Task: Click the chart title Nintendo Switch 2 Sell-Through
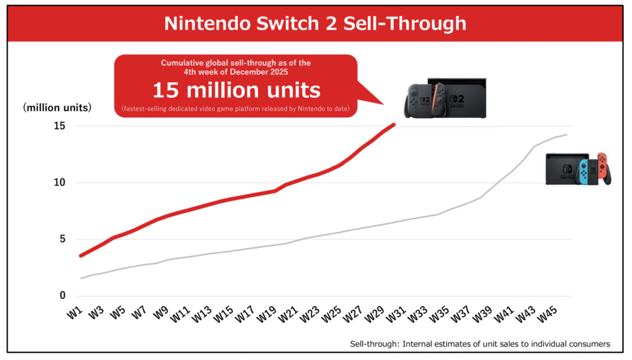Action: [x=315, y=23]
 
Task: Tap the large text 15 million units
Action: [x=236, y=90]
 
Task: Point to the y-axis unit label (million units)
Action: [x=57, y=108]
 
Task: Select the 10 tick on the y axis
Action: [x=58, y=182]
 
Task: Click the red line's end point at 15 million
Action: [x=394, y=124]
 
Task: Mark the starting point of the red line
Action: [x=81, y=255]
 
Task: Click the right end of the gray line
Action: [x=567, y=135]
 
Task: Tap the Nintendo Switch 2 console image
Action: [x=446, y=97]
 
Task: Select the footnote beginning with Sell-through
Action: [x=479, y=344]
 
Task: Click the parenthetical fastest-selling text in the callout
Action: [x=236, y=108]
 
